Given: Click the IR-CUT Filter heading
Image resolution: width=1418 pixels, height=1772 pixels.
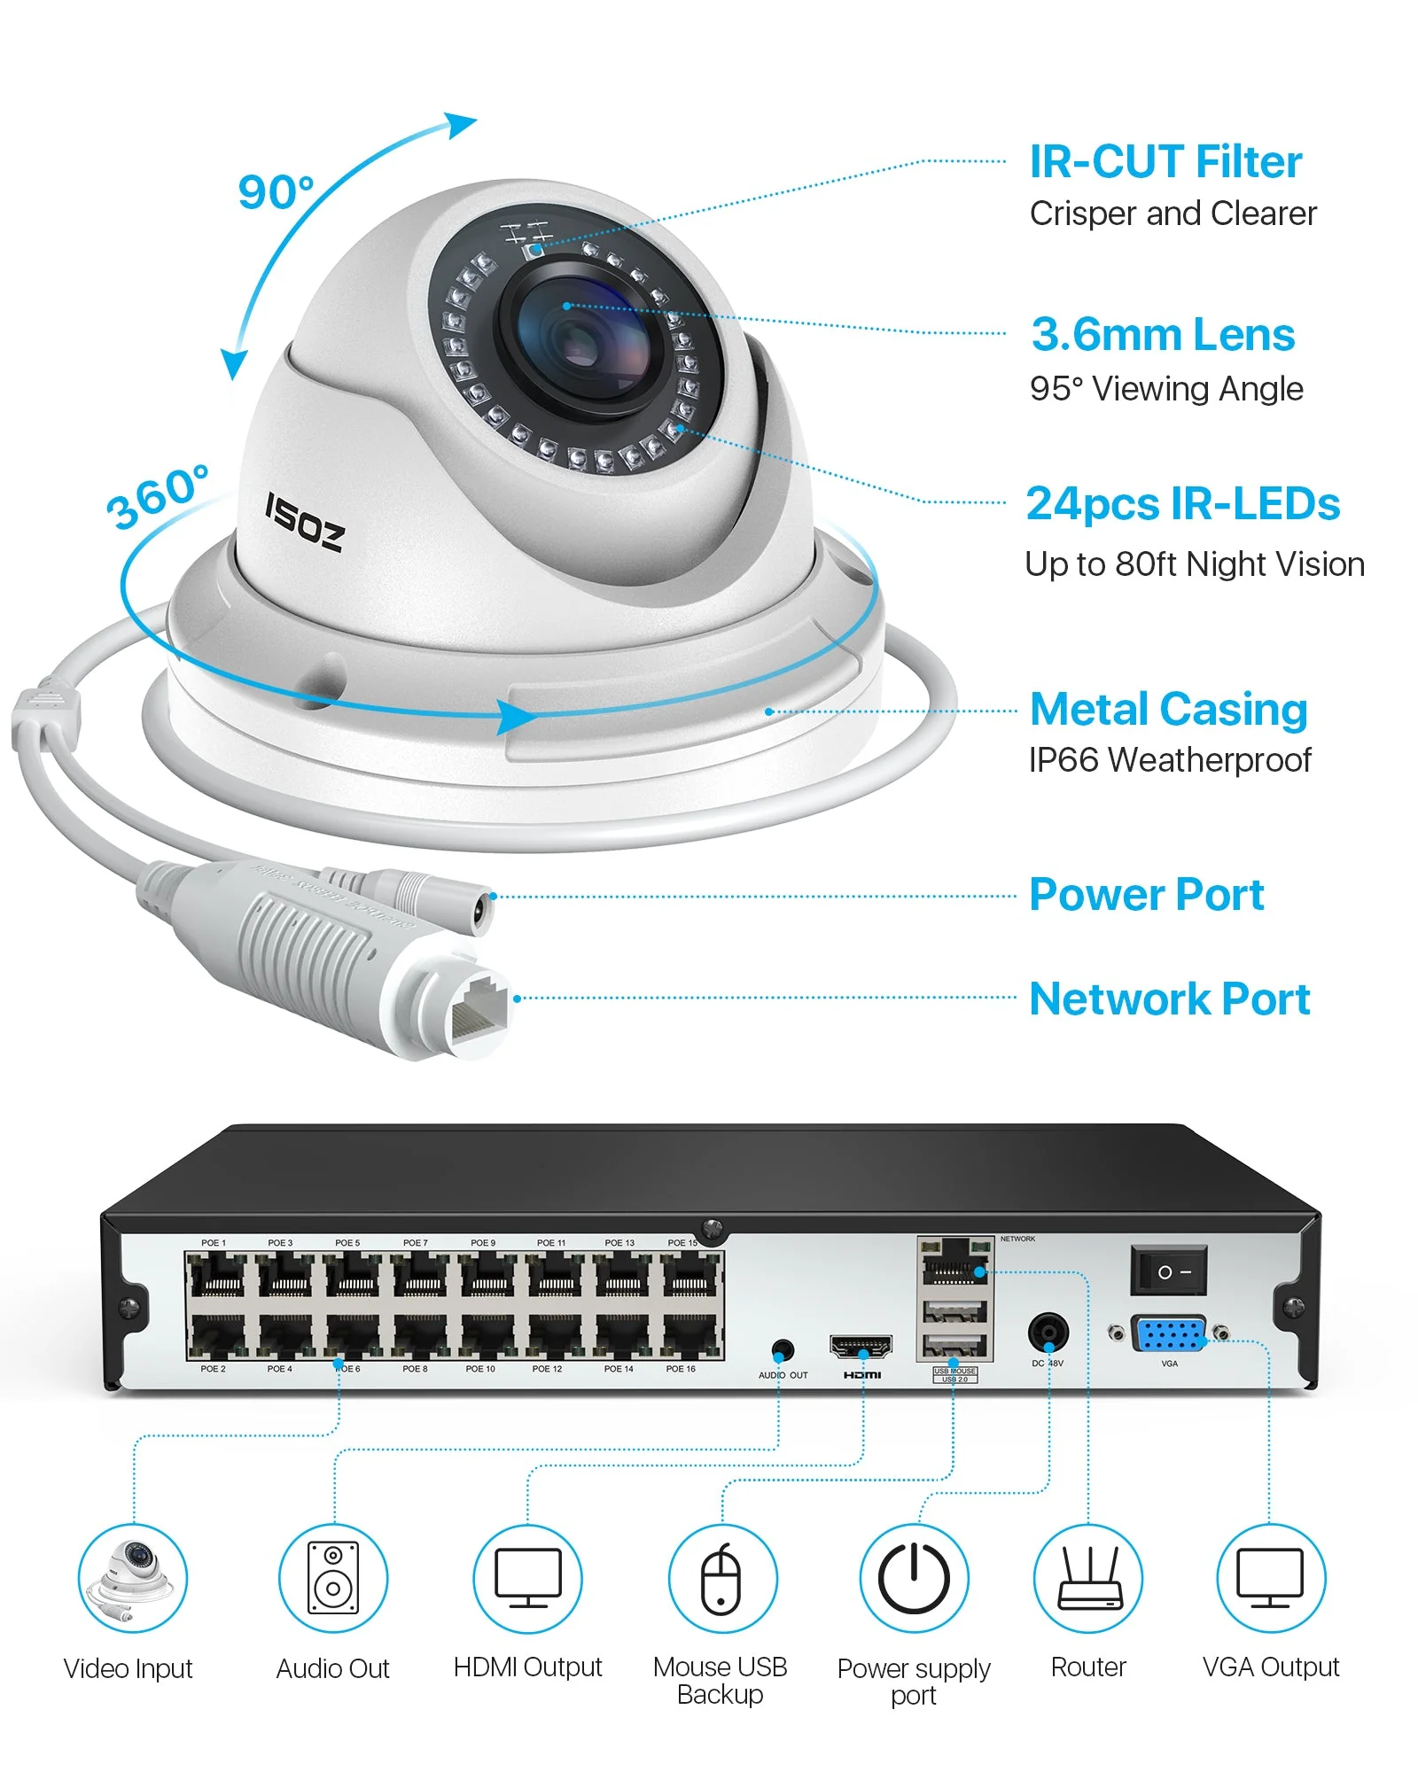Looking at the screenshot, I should [x=1165, y=162].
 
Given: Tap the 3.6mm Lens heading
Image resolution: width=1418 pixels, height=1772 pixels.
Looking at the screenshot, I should [x=1163, y=335].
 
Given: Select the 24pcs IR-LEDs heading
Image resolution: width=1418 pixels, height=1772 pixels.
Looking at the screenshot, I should [x=1182, y=504].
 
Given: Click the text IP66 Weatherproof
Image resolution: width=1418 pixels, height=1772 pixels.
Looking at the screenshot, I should [x=1169, y=760].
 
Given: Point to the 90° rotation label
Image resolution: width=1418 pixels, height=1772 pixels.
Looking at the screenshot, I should [x=276, y=192].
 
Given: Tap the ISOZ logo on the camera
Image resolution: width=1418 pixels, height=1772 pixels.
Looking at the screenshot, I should [x=304, y=523].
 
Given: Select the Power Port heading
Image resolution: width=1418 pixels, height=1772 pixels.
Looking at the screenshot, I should [x=1146, y=895].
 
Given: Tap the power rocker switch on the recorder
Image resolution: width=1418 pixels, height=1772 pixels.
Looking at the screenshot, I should [x=1168, y=1271].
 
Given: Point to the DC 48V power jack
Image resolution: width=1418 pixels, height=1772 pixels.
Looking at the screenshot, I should [x=1048, y=1333].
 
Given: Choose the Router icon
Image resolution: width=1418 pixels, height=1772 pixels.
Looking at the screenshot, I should [x=1087, y=1578].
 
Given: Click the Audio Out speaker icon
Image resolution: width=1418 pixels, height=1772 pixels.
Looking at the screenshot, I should [x=333, y=1578].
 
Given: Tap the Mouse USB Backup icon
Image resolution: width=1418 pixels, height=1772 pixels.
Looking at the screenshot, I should [x=721, y=1578].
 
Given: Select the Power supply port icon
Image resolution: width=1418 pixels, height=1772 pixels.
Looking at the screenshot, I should [x=914, y=1578].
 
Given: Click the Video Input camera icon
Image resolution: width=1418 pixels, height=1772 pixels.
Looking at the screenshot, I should [x=133, y=1578].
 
